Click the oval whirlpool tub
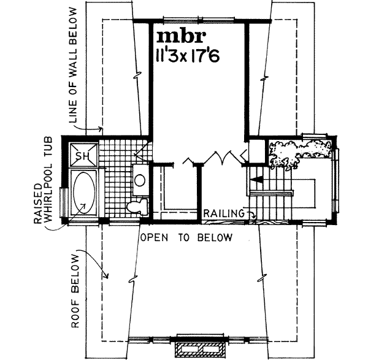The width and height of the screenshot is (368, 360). [x=82, y=193]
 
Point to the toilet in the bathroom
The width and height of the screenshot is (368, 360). [x=134, y=207]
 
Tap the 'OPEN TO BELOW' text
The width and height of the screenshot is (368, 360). [x=186, y=237]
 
